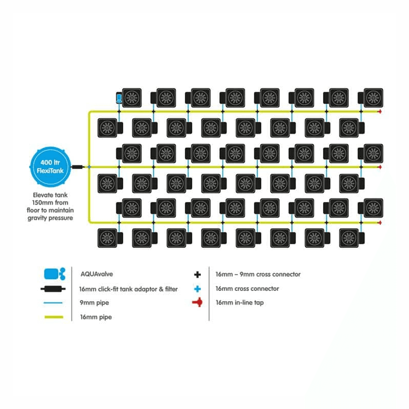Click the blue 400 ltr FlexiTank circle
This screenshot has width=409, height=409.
pos(50,167)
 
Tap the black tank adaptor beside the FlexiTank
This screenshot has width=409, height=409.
pos(78,167)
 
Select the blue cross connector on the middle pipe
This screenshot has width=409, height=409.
pos(89,167)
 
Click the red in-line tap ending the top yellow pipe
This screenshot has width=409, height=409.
pos(380,111)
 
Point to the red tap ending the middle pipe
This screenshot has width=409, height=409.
pos(380,167)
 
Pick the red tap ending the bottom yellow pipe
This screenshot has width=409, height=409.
pos(380,222)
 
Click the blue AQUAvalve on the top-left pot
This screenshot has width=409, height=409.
pos(119,98)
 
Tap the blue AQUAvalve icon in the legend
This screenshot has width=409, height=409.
pos(55,274)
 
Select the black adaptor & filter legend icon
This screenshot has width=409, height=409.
pos(53,289)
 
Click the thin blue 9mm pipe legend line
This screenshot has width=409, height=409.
pos(53,303)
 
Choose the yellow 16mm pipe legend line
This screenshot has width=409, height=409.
pos(54,317)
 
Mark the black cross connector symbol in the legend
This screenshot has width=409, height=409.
pos(197,275)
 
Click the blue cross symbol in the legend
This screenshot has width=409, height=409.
pos(197,289)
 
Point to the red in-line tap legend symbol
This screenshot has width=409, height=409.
pos(197,302)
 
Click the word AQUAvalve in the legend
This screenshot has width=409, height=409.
pos(97,274)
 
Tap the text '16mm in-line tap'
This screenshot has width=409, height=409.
pos(240,303)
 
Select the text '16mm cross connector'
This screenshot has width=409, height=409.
pos(247,289)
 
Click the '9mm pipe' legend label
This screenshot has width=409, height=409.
pos(95,303)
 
